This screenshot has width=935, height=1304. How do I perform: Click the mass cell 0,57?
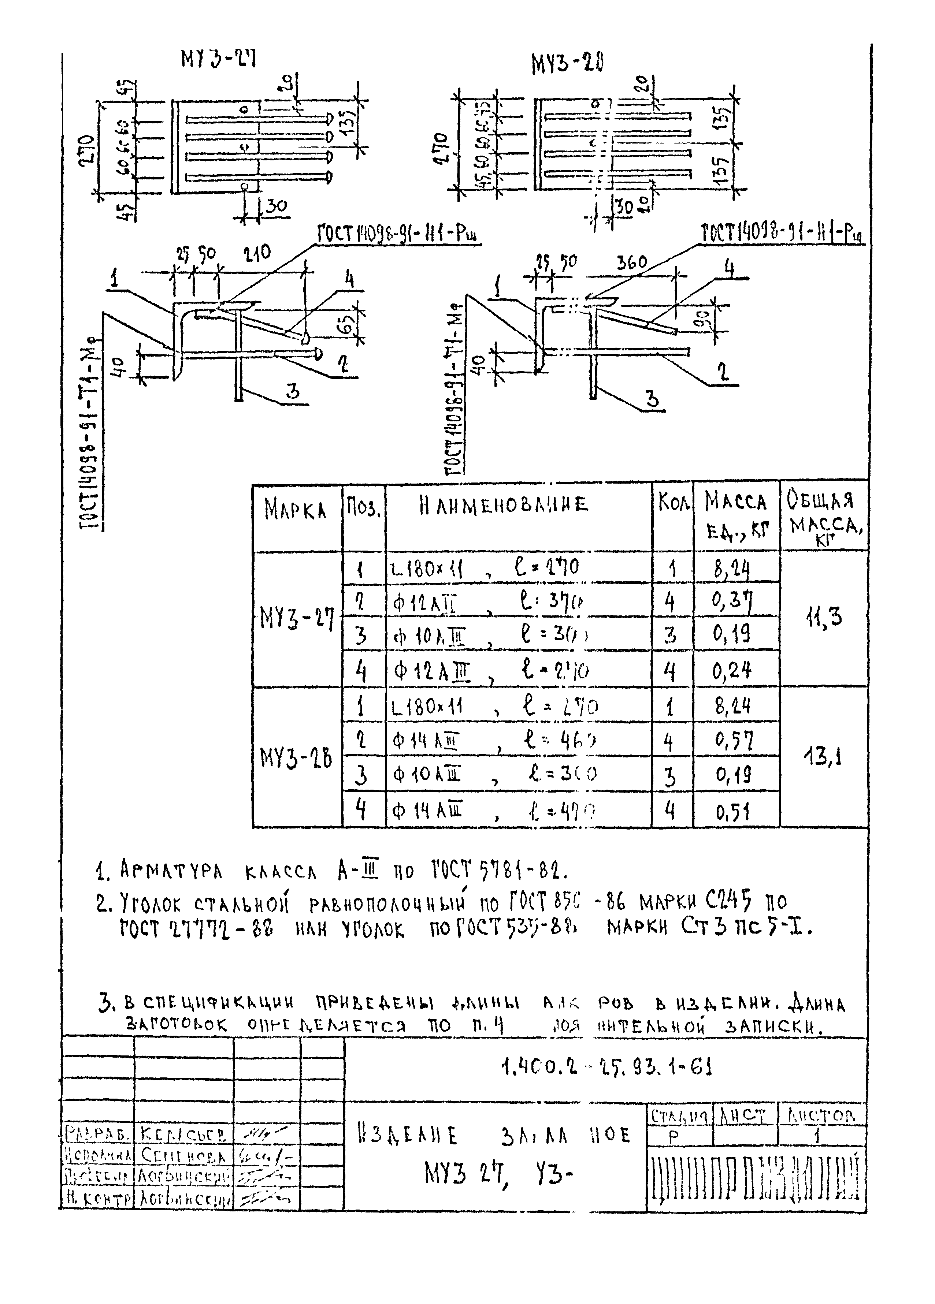click(733, 741)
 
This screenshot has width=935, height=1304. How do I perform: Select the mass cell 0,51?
click(733, 812)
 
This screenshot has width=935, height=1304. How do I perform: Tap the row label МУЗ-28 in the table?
click(296, 759)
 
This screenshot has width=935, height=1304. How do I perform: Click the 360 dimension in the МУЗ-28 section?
click(631, 263)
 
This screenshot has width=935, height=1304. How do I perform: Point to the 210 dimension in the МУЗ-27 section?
click(257, 253)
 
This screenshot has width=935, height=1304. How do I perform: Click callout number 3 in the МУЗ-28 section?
click(653, 398)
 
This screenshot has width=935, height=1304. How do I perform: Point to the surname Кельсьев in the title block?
click(183, 1135)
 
